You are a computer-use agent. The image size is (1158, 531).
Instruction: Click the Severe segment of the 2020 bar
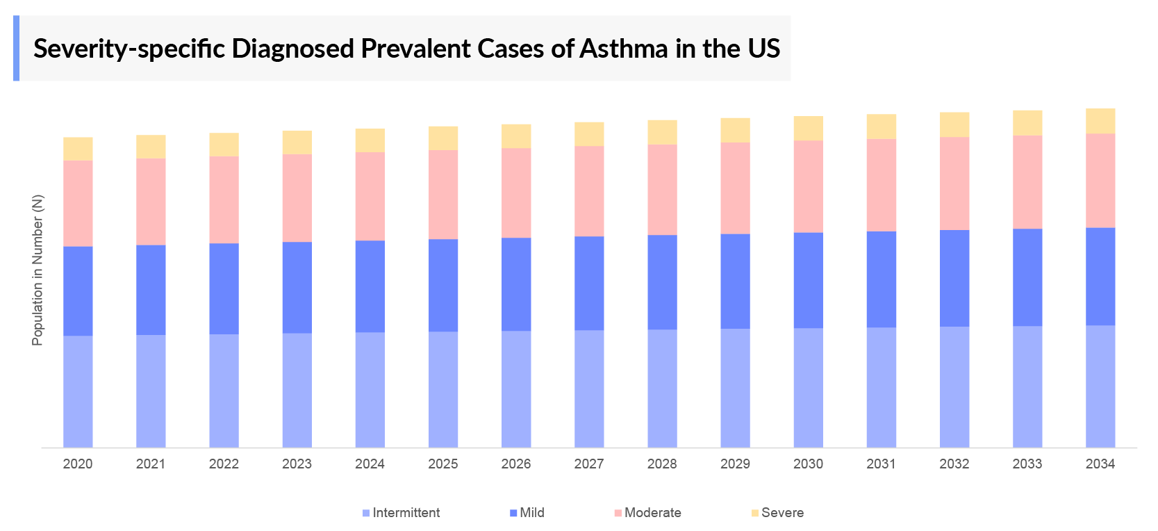tap(78, 149)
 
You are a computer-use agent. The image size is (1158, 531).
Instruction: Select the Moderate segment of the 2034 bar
tap(1100, 180)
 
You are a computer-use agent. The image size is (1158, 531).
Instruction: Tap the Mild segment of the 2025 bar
tap(443, 285)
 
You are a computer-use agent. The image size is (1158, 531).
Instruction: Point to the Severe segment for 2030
tap(809, 129)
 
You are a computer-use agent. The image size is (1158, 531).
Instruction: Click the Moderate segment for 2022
tap(224, 199)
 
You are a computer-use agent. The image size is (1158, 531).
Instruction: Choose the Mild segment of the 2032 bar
tap(954, 278)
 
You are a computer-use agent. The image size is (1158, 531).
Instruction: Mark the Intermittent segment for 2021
tap(151, 391)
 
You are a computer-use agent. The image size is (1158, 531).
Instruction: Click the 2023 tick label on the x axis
tap(297, 464)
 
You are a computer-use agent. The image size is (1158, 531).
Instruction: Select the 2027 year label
tap(589, 464)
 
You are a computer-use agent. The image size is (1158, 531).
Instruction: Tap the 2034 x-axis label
tap(1100, 464)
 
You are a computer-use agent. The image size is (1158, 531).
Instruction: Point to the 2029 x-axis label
tap(735, 464)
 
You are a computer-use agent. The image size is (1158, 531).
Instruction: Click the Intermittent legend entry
tap(406, 513)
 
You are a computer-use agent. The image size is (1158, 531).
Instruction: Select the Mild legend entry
tap(531, 513)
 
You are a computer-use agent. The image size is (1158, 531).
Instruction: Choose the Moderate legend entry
tap(652, 513)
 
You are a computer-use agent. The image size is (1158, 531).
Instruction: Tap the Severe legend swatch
tap(755, 514)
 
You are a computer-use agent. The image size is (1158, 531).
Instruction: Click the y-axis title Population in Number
tap(38, 270)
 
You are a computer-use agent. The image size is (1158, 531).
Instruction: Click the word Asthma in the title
tap(624, 49)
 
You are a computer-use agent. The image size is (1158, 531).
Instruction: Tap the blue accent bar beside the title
tap(16, 48)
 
